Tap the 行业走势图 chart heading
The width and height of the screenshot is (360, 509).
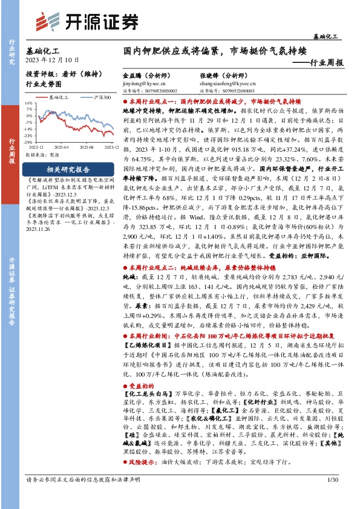click(45, 85)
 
